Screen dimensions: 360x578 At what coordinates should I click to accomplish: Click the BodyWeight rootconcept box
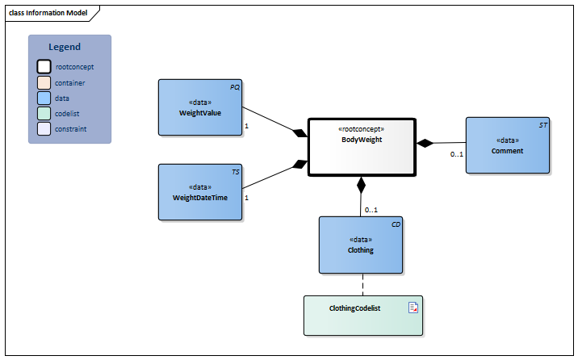click(x=361, y=146)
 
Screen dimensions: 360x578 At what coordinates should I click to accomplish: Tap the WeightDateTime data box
click(x=199, y=192)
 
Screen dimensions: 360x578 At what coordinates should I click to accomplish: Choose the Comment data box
click(x=507, y=145)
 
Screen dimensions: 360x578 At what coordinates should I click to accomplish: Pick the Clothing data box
click(x=360, y=245)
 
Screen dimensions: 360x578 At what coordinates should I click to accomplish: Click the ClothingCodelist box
click(x=364, y=315)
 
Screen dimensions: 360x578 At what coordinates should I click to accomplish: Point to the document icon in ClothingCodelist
click(x=413, y=307)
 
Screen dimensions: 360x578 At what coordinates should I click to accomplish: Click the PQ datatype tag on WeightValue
click(x=234, y=86)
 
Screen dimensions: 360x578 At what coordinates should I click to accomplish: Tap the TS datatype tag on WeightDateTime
click(x=235, y=172)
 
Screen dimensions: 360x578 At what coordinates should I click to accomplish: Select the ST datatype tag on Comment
click(x=542, y=125)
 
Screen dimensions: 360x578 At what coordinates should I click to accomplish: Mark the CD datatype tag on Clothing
click(x=396, y=224)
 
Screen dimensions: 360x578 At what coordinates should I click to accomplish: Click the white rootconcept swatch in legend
click(x=44, y=67)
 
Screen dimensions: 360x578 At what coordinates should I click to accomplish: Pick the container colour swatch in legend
click(x=44, y=82)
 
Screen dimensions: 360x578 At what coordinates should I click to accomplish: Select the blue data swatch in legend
click(x=44, y=98)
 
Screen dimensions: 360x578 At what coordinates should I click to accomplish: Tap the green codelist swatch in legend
click(x=44, y=113)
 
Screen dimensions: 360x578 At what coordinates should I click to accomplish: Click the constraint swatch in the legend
click(x=44, y=128)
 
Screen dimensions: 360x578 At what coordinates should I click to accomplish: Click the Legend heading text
click(x=65, y=47)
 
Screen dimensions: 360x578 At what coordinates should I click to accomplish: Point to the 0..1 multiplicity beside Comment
click(x=456, y=154)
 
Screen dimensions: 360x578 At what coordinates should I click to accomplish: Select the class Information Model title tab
click(x=48, y=13)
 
